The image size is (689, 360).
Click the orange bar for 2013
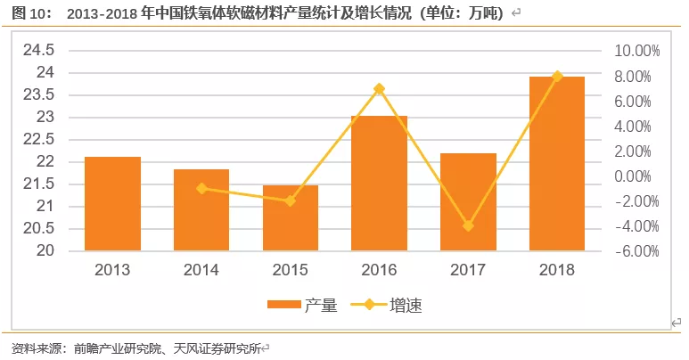[112, 204]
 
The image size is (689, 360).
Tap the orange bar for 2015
[291, 218]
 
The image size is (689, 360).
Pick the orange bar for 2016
[379, 184]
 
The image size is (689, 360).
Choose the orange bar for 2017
[468, 202]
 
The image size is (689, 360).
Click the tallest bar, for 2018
[557, 164]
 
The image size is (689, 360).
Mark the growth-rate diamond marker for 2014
[201, 188]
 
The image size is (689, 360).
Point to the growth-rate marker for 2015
[291, 200]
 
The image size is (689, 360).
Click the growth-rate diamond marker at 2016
[379, 89]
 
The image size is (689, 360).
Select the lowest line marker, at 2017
[468, 225]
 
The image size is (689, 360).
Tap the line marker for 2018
[557, 77]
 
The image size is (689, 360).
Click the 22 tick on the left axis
[46, 161]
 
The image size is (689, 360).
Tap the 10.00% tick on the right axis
[636, 52]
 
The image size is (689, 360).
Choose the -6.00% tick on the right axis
[636, 251]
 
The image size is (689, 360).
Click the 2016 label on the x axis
[379, 269]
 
